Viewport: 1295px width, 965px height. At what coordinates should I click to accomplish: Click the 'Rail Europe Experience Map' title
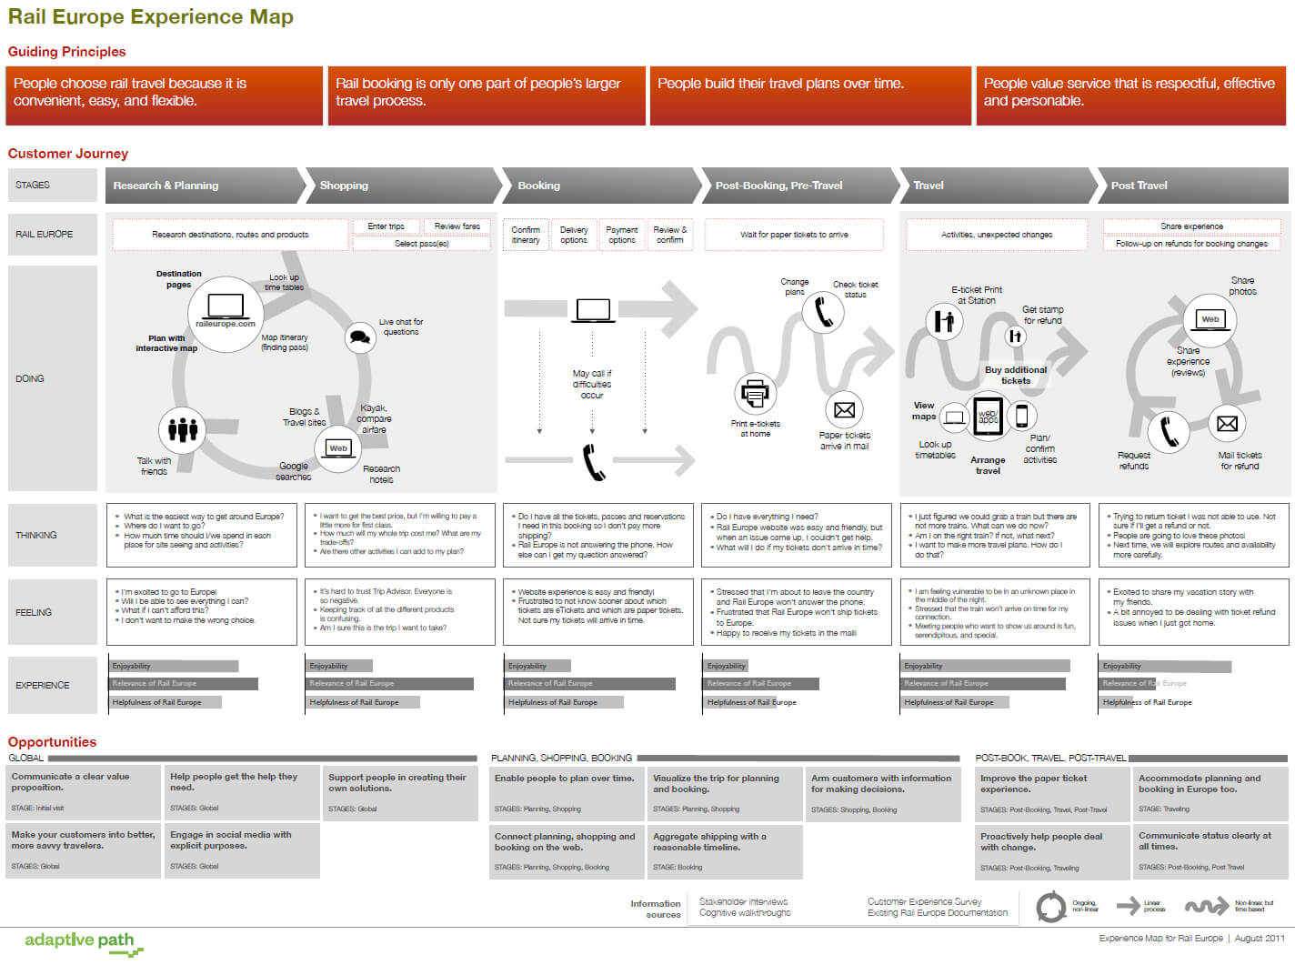pyautogui.click(x=151, y=17)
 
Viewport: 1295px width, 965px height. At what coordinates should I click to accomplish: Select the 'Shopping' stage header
pyautogui.click(x=344, y=186)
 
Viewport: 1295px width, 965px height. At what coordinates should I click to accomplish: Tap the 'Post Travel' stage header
pyautogui.click(x=1139, y=186)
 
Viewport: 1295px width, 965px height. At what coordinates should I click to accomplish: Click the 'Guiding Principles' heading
pyautogui.click(x=67, y=52)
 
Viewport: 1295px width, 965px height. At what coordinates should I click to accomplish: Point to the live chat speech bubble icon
pyautogui.click(x=360, y=337)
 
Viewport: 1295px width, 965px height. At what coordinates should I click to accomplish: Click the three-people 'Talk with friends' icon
pyautogui.click(x=183, y=428)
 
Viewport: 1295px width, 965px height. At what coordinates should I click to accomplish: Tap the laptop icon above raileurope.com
pyautogui.click(x=226, y=306)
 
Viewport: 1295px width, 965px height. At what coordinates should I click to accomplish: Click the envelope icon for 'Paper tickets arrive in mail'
pyautogui.click(x=844, y=410)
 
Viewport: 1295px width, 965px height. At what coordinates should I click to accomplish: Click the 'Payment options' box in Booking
pyautogui.click(x=622, y=235)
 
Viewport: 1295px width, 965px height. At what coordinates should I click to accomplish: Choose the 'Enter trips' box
pyautogui.click(x=386, y=226)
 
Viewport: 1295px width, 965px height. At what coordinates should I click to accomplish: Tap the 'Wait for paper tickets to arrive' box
pyautogui.click(x=794, y=235)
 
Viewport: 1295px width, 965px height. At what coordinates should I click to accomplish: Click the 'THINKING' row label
pyautogui.click(x=36, y=535)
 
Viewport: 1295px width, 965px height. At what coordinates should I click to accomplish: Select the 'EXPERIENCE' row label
pyautogui.click(x=42, y=685)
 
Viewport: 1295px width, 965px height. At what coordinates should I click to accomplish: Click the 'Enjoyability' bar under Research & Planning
pyautogui.click(x=173, y=667)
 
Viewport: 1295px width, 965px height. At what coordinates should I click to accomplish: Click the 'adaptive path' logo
pyautogui.click(x=80, y=940)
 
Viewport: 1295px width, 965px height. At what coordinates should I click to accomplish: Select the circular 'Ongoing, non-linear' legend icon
pyautogui.click(x=1051, y=907)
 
